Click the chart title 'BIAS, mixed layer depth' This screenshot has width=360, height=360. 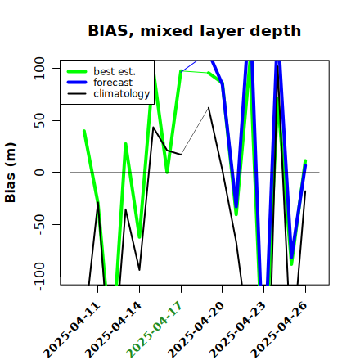[x=195, y=30]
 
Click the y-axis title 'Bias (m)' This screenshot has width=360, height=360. [x=11, y=173]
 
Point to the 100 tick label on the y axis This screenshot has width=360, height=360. [x=39, y=68]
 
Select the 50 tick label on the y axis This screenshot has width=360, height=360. [x=39, y=120]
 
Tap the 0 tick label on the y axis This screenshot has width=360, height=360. [x=39, y=173]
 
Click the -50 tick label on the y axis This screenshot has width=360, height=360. [x=40, y=224]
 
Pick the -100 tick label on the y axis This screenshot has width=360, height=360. [x=40, y=277]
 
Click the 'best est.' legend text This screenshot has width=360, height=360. [x=115, y=71]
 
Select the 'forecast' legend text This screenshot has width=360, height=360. [x=113, y=83]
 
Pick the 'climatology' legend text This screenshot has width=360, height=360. [x=122, y=94]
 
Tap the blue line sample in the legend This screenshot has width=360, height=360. [x=77, y=83]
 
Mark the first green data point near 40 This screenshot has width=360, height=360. [x=84, y=131]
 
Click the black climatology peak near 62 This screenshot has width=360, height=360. [x=209, y=108]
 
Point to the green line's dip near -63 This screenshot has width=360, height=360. [x=139, y=237]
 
